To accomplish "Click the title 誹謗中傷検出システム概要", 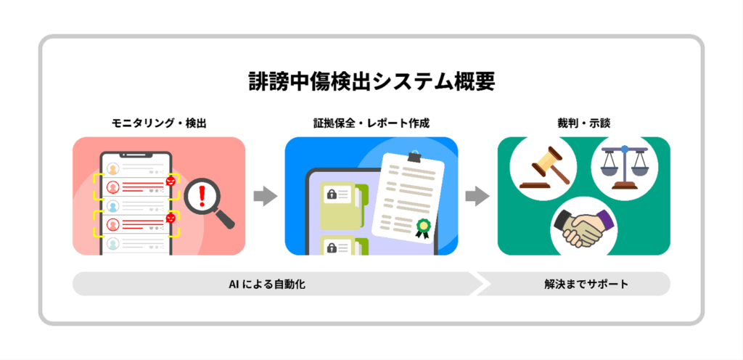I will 371,81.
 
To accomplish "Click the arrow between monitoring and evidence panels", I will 265,196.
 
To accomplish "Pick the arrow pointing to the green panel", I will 477,196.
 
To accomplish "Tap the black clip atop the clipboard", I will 414,155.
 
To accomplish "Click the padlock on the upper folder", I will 331,194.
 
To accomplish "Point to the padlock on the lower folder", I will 331,246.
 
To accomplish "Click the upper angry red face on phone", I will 171,181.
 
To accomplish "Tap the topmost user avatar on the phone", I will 113,169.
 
